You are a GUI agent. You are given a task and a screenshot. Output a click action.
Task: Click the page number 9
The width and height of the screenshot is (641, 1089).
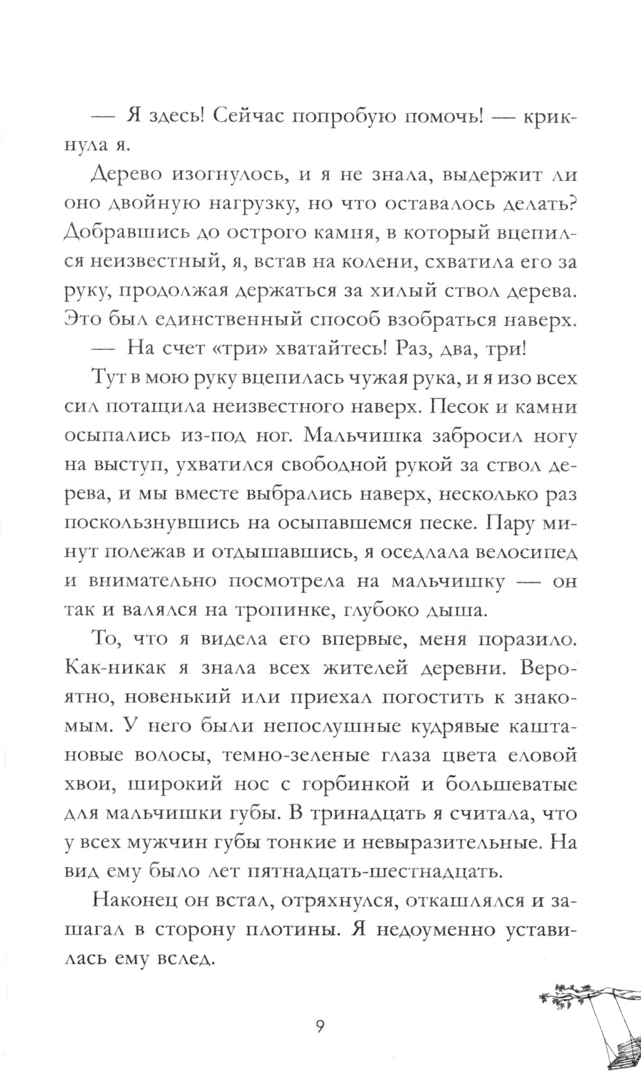[320, 1009]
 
